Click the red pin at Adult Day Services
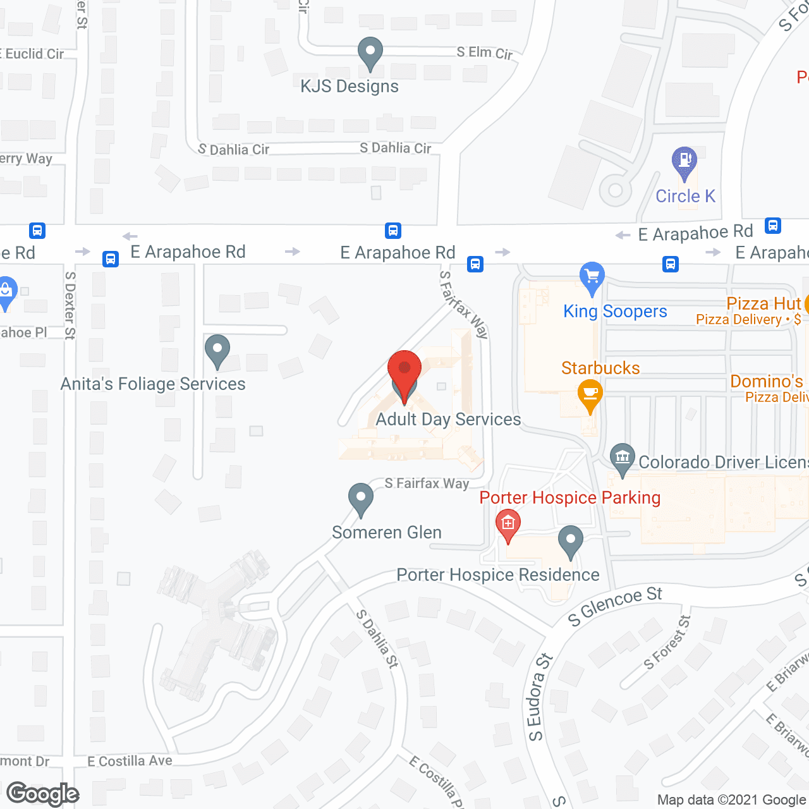tap(404, 370)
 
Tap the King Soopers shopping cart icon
tap(592, 277)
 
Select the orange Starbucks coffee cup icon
tap(590, 394)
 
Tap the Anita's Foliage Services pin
tap(217, 350)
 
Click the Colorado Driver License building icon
tap(623, 458)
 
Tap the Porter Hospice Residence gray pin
tap(571, 540)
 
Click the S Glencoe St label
tap(615, 605)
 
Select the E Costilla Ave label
tap(130, 761)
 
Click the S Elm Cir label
tap(485, 53)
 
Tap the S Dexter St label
tap(70, 305)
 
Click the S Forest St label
tap(667, 642)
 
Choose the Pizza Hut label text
tap(763, 304)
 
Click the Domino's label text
tap(766, 382)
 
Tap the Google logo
tap(43, 794)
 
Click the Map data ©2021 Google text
tap(732, 800)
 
